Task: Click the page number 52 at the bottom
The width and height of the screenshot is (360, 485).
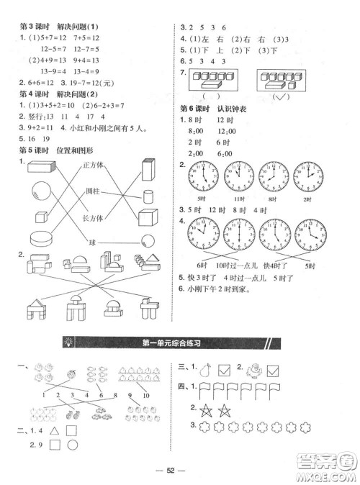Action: tap(180, 468)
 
